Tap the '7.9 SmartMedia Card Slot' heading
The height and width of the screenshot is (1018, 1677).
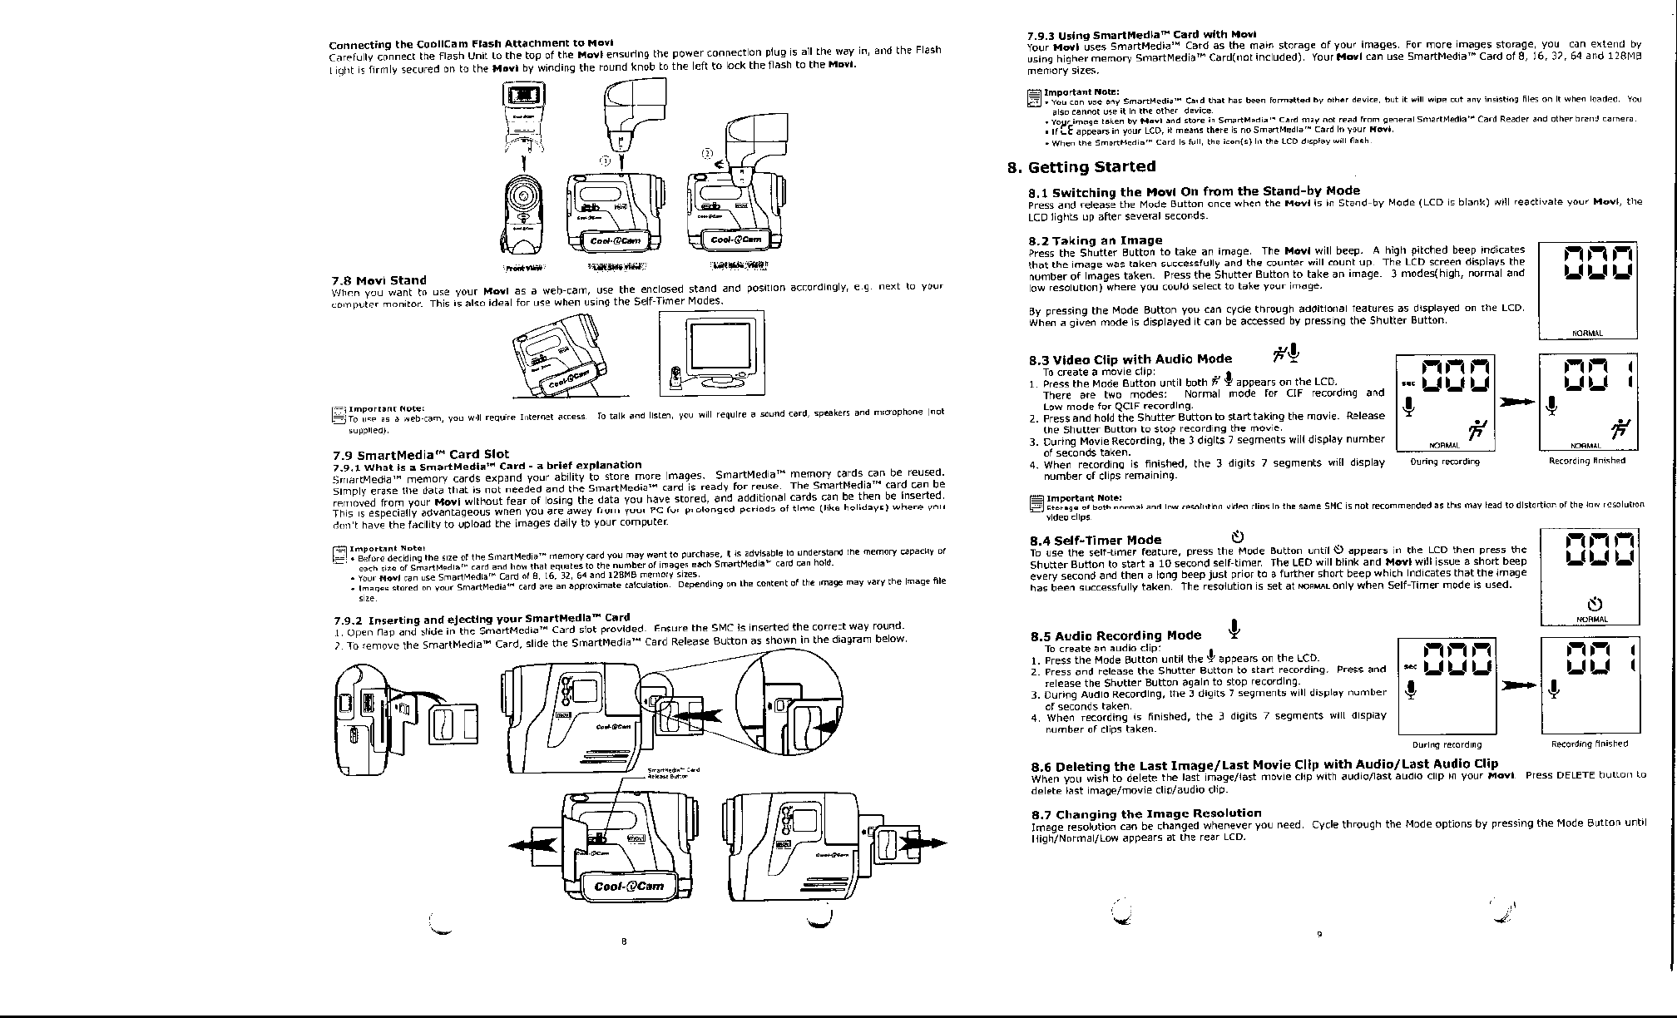(x=420, y=454)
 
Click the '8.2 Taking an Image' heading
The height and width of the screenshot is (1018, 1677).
(x=1096, y=240)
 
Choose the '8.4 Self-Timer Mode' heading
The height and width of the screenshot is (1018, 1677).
(x=1096, y=540)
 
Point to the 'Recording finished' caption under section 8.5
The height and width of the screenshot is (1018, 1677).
(x=1589, y=744)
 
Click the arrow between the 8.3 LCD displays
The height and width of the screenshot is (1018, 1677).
(x=1516, y=403)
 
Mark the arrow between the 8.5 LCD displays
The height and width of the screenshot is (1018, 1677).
(x=1516, y=685)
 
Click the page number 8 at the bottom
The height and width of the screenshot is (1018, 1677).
(x=624, y=941)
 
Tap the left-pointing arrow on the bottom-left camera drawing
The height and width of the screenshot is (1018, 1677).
(x=532, y=844)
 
